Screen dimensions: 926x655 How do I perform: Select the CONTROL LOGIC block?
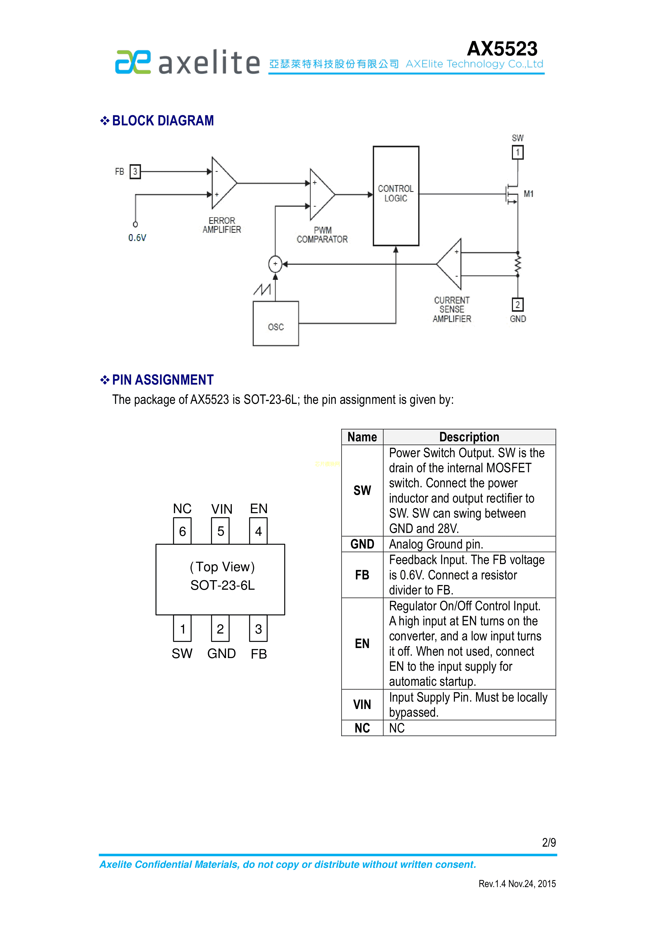tap(396, 196)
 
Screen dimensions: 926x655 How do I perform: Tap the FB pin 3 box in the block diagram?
tap(135, 171)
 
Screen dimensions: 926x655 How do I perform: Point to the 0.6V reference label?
tap(137, 238)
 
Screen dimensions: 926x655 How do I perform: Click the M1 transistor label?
tap(528, 194)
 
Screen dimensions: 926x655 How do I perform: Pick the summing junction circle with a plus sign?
tap(275, 264)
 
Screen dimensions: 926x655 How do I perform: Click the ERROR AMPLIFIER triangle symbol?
tap(223, 183)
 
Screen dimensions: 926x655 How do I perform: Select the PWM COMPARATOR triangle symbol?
tap(321, 194)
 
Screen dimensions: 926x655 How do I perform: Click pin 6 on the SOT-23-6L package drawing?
tap(182, 531)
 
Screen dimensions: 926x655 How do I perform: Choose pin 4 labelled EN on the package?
tap(258, 531)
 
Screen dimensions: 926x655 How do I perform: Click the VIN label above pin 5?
tap(222, 509)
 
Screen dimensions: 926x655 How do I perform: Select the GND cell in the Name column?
tap(362, 544)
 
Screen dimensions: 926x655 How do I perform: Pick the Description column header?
tap(469, 437)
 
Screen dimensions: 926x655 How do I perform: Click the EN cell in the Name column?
tap(362, 644)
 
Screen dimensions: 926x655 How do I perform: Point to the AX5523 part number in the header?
tap(502, 49)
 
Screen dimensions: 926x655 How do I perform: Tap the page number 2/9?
tap(549, 843)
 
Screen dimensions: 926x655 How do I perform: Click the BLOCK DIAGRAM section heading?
tap(163, 121)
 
